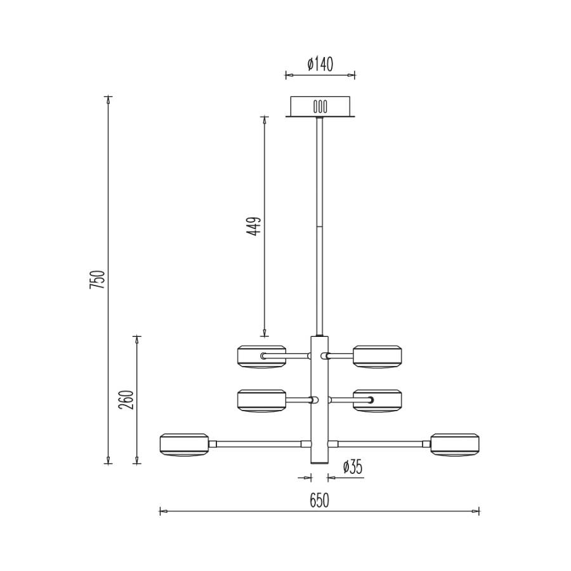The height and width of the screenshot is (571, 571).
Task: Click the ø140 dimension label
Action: (320, 64)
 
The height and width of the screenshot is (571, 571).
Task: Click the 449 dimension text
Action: (254, 226)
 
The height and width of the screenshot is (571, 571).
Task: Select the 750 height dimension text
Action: (97, 280)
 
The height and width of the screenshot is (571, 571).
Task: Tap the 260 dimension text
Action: (127, 400)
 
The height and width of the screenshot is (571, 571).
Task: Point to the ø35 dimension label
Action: (352, 468)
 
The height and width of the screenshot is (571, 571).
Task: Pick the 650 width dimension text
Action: (319, 501)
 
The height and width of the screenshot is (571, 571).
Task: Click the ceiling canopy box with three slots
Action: (320, 106)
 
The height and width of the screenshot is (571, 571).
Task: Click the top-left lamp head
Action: (261, 356)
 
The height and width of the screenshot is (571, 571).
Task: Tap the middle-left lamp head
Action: (261, 400)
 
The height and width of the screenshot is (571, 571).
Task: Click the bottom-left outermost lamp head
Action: (184, 444)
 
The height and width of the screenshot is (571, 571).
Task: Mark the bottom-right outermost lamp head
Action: (455, 444)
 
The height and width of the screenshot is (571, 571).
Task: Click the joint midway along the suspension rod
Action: (320, 225)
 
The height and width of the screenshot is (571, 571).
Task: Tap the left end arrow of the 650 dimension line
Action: (161, 510)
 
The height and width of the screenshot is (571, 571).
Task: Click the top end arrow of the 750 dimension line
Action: (108, 98)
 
